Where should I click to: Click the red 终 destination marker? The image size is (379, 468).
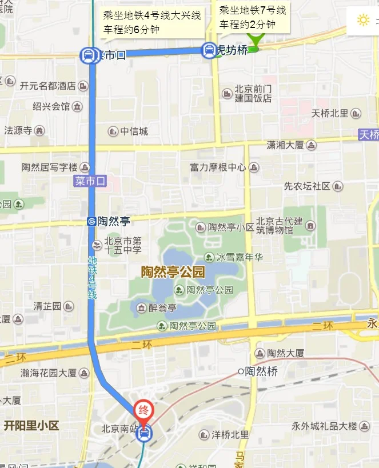pyautogui.click(x=143, y=409)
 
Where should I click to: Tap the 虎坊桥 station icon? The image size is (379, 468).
pyautogui.click(x=209, y=51)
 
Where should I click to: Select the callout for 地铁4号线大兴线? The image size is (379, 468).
pyautogui.click(x=151, y=22)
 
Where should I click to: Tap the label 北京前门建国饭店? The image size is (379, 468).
pyautogui.click(x=253, y=94)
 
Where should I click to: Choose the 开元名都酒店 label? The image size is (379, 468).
pyautogui.click(x=48, y=86)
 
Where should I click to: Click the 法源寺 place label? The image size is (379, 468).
pyautogui.click(x=18, y=130)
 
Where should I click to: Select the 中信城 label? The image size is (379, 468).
pyautogui.click(x=134, y=131)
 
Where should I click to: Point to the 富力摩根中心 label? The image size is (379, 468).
pyautogui.click(x=218, y=167)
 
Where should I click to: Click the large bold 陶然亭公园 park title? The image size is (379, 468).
pyautogui.click(x=173, y=272)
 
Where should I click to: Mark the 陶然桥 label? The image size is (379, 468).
pyautogui.click(x=261, y=371)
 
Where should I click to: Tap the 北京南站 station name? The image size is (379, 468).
pyautogui.click(x=118, y=428)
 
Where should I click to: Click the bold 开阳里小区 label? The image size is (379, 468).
pyautogui.click(x=31, y=426)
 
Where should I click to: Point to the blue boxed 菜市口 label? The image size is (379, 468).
pyautogui.click(x=90, y=181)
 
